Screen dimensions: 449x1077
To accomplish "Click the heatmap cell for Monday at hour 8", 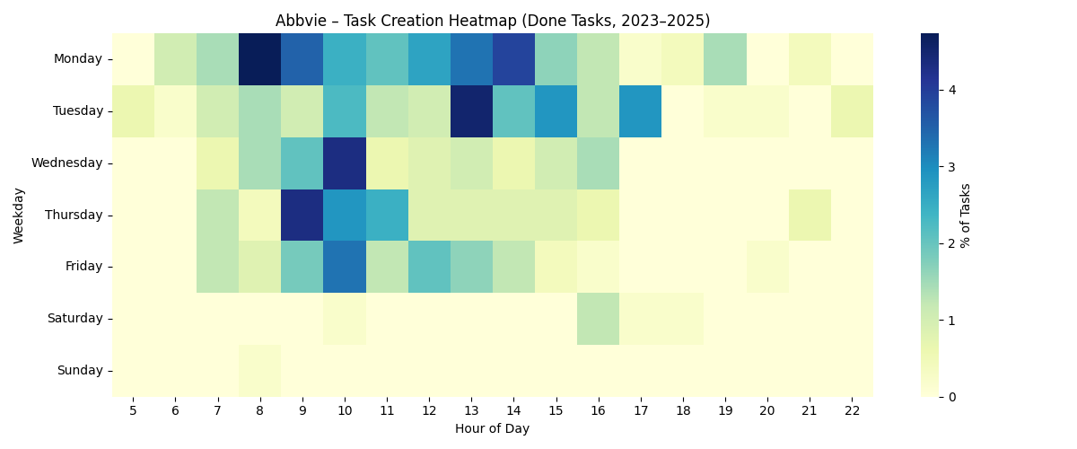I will pos(259,59).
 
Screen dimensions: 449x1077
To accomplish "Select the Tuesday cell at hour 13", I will pos(471,111).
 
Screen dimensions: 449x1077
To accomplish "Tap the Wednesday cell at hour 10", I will pos(344,163).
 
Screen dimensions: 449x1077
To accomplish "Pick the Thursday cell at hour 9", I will pos(302,215).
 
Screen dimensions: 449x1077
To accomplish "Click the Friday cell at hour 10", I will pos(344,267).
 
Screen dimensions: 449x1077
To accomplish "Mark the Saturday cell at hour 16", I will pos(598,319).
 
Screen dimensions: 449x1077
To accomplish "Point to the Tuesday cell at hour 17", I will pos(640,111).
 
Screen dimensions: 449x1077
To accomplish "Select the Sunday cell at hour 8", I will pos(259,370).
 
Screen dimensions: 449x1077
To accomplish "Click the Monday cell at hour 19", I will pos(724,59).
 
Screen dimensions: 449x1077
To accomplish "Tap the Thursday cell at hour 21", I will pos(810,215).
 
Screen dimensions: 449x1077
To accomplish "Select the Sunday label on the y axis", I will pos(82,370).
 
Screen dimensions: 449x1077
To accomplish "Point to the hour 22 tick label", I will pos(852,409).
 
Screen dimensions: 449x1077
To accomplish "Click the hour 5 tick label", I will pos(133,409).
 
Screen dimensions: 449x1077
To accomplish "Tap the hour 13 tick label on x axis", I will pos(471,409).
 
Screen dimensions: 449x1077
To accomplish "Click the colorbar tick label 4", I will pos(951,90).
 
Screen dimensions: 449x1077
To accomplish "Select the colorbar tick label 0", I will pos(951,396).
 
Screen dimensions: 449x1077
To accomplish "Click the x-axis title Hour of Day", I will pos(492,429).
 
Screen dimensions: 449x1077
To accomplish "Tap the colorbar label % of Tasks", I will pos(966,215).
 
